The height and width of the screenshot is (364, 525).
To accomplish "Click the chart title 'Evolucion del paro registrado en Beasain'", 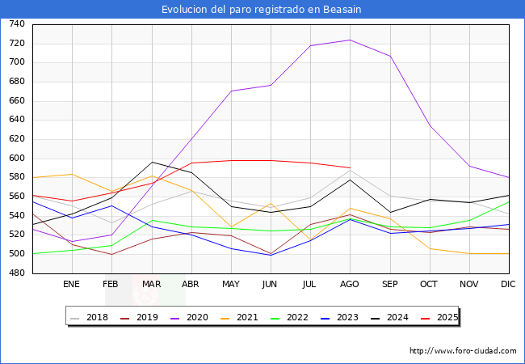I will tap(262, 9).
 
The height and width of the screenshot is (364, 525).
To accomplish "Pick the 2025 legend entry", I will tap(447, 317).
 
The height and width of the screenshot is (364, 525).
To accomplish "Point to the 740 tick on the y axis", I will tap(16, 24).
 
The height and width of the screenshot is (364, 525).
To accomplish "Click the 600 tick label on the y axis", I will tap(16, 159).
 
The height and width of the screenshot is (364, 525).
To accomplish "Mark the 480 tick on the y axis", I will tap(16, 273).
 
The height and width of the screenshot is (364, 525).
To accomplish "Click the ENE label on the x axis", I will tap(72, 285).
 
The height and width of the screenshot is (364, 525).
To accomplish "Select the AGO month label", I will tap(350, 285).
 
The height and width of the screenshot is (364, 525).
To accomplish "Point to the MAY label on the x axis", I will tap(231, 285).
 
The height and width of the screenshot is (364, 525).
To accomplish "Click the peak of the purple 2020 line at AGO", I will tap(350, 40).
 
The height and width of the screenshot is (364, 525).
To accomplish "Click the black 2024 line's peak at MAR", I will tap(152, 162).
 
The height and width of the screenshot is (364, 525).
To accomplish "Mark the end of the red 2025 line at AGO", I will tap(350, 167).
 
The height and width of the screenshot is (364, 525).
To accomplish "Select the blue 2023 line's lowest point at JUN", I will tap(271, 255).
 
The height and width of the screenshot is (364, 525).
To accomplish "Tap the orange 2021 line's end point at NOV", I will tap(469, 253).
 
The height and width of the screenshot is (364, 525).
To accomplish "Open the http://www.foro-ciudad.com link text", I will tap(463, 351).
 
